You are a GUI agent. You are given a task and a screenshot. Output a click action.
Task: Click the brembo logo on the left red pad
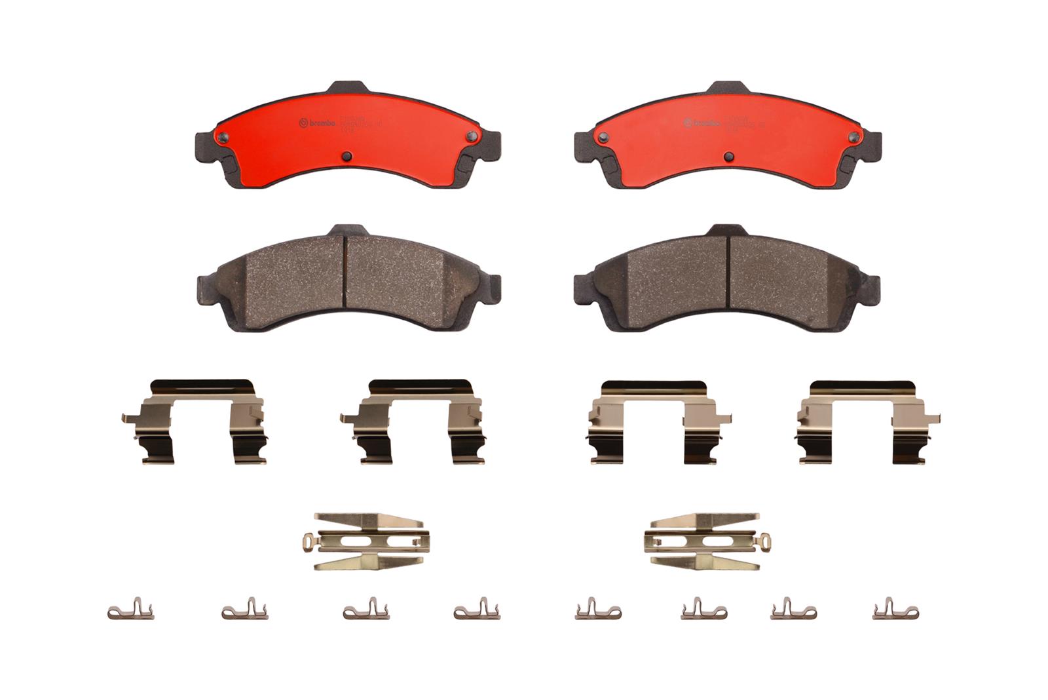point(317,123)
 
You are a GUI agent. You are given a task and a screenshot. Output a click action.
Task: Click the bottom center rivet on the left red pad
point(347,156)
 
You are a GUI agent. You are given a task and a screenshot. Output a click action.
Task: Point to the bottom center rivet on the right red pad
point(728,156)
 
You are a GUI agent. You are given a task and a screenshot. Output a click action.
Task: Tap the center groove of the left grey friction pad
point(345,275)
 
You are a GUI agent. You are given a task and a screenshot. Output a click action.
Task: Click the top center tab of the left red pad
point(346,88)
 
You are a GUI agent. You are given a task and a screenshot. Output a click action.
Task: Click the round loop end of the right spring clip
point(765,541)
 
